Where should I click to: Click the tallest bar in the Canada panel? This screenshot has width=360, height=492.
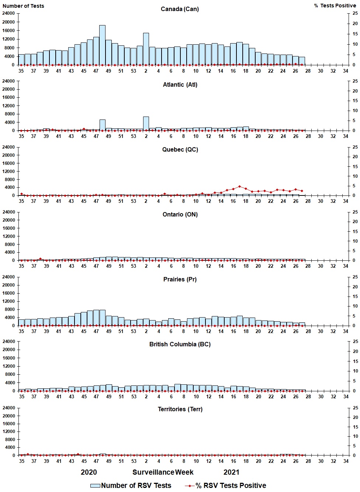point(102,45)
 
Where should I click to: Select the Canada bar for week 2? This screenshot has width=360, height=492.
point(146,49)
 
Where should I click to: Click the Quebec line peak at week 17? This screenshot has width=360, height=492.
point(239,186)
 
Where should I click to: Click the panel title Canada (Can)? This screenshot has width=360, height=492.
point(180,9)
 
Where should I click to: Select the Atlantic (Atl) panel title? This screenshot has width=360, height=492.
point(180,84)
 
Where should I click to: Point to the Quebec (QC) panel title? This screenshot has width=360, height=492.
point(180,149)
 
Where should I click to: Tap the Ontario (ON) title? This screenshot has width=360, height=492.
point(180,214)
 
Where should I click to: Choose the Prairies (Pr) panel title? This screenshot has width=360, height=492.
point(180,279)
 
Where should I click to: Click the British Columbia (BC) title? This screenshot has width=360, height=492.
point(180,344)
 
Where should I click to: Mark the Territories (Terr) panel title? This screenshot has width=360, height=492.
point(180,409)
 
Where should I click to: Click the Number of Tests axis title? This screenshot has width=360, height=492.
point(23,6)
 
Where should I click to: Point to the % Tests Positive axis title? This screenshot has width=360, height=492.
point(335,6)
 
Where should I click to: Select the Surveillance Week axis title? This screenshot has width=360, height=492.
point(163,472)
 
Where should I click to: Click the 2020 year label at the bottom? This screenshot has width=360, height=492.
point(89,472)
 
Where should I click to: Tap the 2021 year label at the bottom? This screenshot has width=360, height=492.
point(231,472)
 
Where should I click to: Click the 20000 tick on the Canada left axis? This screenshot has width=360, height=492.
point(8,22)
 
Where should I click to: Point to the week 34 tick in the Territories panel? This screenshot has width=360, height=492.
point(346,461)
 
